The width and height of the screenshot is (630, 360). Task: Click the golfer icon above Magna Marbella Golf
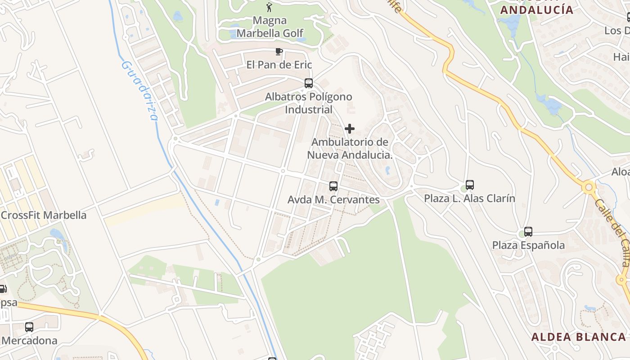[270, 7]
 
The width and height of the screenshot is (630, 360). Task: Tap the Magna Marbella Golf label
[270, 27]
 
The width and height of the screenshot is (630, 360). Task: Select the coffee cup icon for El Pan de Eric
[279, 51]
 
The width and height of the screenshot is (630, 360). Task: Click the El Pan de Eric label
[279, 65]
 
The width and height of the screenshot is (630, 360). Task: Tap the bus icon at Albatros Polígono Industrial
[308, 83]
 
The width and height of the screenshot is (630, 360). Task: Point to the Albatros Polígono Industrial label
[308, 103]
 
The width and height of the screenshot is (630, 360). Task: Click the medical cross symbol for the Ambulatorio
[349, 129]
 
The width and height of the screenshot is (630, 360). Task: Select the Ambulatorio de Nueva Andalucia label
[350, 148]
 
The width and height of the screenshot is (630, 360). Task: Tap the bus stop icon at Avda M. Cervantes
[333, 186]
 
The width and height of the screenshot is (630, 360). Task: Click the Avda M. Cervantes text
[333, 199]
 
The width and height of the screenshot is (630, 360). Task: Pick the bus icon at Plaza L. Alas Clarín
[470, 185]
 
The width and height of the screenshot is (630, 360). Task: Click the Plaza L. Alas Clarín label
[469, 198]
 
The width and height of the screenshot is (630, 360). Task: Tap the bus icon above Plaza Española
[528, 232]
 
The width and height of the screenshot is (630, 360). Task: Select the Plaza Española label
[528, 245]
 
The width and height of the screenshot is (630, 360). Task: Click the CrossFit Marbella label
[43, 215]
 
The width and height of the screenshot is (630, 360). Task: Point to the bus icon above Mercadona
[29, 327]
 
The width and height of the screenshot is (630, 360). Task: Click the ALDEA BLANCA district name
[578, 337]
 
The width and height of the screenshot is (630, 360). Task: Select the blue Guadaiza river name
[140, 90]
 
